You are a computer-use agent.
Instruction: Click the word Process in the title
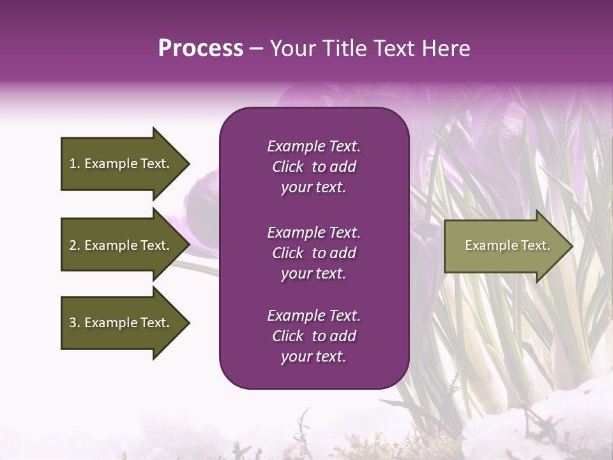(201, 49)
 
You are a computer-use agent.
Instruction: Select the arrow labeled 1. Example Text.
(121, 164)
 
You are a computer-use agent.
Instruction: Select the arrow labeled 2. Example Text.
(121, 245)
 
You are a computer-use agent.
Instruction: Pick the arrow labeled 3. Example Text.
(121, 323)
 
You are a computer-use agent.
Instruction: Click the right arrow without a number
(504, 245)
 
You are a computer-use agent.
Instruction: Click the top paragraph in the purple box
(314, 167)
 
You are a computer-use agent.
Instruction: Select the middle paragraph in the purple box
(314, 253)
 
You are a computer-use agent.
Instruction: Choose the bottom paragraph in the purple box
(314, 336)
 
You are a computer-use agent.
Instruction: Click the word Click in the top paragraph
(288, 167)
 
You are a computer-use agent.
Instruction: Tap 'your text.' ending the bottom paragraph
(314, 356)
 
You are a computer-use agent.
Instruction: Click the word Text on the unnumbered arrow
(535, 245)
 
